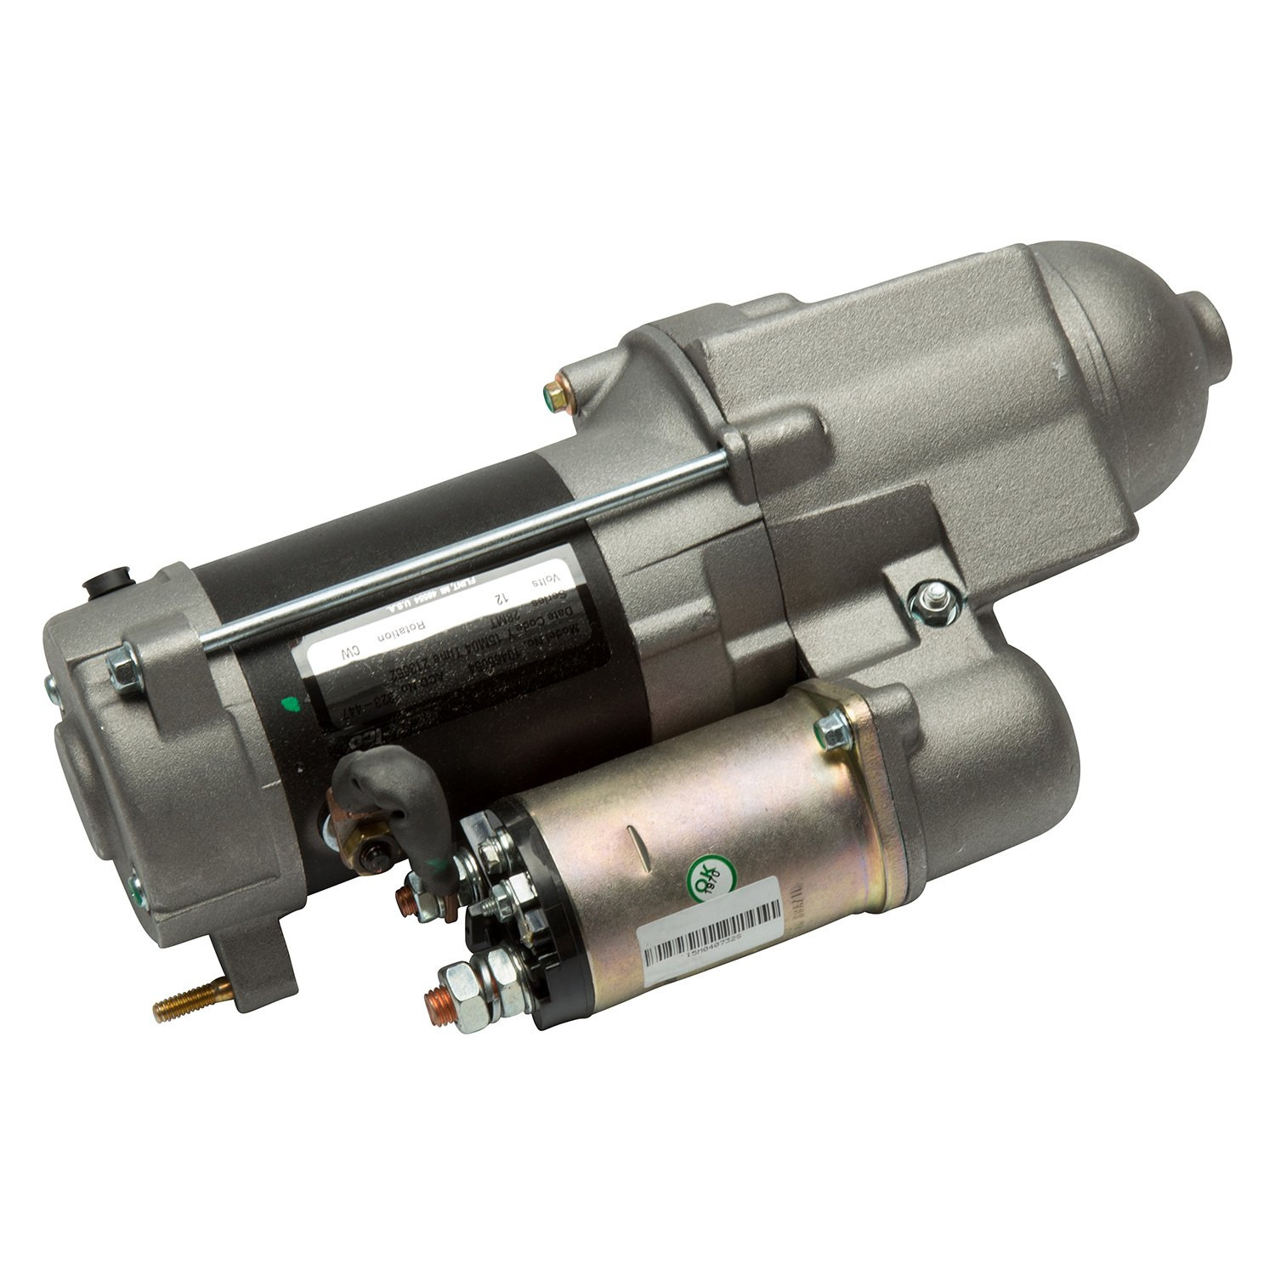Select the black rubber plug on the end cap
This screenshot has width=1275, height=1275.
click(x=105, y=586)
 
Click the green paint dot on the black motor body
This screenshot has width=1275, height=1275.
click(x=292, y=702)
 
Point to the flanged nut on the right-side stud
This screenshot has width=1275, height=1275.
click(x=929, y=603)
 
